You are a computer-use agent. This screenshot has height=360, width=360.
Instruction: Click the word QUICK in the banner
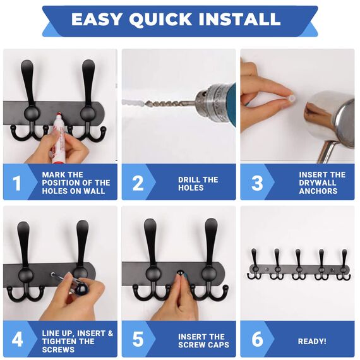(160, 20)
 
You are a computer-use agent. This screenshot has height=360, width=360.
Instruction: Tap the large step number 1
(17, 183)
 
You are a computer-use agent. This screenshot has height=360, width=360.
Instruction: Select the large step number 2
(138, 183)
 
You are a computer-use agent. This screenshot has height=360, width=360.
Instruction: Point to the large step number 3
(257, 183)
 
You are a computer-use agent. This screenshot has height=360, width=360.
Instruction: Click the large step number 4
(17, 339)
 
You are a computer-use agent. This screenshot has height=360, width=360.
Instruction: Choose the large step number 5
(138, 339)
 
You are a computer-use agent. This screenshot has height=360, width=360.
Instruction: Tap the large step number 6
(257, 339)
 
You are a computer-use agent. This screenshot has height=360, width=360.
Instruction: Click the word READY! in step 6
(312, 341)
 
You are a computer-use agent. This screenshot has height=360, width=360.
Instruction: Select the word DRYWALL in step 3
(318, 183)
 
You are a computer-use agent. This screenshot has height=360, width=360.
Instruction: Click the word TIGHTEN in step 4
(59, 341)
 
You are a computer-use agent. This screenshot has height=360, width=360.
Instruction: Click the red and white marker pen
(57, 138)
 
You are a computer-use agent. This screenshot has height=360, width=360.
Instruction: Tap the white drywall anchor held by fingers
(292, 99)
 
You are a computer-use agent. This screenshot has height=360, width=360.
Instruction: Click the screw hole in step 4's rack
(53, 274)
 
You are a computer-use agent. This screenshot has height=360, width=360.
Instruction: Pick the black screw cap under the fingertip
(180, 273)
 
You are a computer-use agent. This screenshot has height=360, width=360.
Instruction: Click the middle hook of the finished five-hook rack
(299, 264)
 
